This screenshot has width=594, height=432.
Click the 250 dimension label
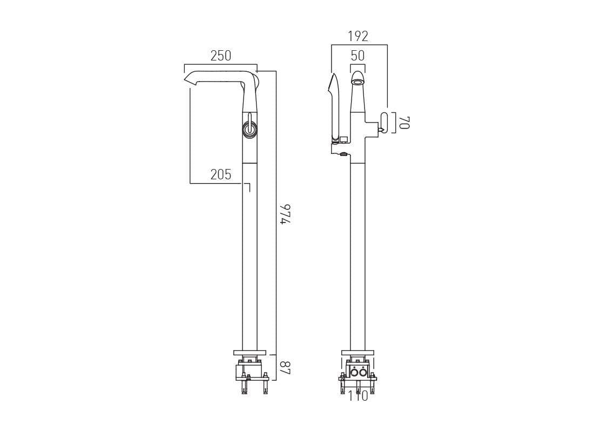pos(220,56)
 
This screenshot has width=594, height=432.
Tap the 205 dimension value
pos(220,174)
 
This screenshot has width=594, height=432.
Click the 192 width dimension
pos(358,37)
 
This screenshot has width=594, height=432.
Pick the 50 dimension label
pos(357,56)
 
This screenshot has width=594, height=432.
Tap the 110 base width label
pos(357,396)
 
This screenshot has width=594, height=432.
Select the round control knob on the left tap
pos(249,129)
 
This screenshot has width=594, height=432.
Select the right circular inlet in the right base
pos(362,372)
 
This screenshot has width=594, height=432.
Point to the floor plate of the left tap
pos(249,353)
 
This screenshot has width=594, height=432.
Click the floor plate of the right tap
pos(357,353)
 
